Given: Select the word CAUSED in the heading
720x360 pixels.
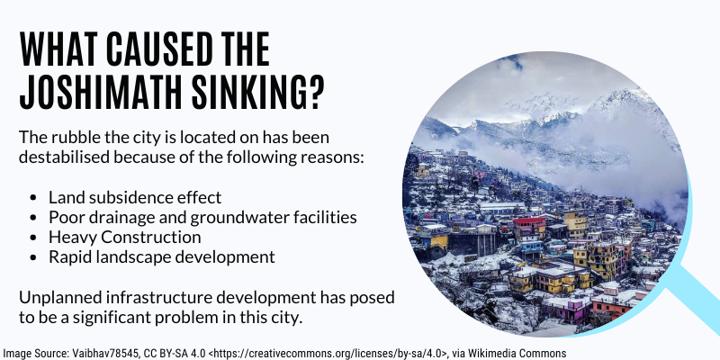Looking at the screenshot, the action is pyautogui.click(x=160, y=49).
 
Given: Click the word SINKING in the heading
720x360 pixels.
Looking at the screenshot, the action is pyautogui.click(x=246, y=93).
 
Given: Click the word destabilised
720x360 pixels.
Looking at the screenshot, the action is pyautogui.click(x=64, y=157).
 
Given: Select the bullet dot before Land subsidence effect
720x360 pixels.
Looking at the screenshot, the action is pyautogui.click(x=32, y=198).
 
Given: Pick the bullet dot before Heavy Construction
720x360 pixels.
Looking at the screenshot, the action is pyautogui.click(x=32, y=238).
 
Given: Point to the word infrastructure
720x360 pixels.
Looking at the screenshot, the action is pyautogui.click(x=159, y=298).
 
